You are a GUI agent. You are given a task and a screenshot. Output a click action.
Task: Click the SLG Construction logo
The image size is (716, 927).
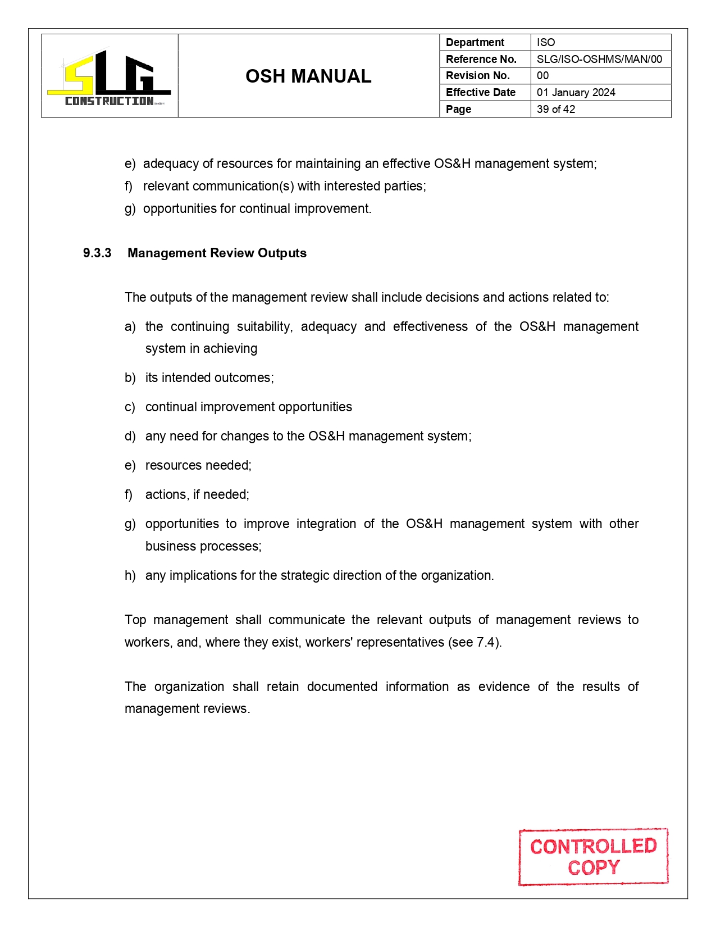coord(110,77)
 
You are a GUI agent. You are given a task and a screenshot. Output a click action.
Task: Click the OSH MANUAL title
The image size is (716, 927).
coord(308,76)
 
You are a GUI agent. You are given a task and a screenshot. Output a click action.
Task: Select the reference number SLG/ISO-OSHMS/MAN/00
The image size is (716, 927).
coord(599,59)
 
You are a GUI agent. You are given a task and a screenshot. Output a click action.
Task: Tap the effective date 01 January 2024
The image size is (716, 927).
coord(576,93)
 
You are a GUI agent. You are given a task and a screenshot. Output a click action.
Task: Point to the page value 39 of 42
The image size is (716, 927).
coord(555,110)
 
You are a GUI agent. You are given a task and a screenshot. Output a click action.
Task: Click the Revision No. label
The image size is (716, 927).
coord(477,76)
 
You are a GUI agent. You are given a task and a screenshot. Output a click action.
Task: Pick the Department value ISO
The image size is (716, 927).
coord(545,43)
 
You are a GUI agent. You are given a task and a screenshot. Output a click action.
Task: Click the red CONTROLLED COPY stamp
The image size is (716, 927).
coord(593,857)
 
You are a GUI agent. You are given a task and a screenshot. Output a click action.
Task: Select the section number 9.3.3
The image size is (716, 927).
coord(97,253)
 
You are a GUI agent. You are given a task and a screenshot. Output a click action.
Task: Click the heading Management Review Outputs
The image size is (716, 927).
coord(217,253)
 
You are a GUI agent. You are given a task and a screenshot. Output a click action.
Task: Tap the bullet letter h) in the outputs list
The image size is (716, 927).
coord(130,576)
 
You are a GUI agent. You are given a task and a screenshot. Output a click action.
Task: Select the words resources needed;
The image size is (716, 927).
coord(198,466)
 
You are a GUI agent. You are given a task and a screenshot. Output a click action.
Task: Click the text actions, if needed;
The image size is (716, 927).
coord(197,495)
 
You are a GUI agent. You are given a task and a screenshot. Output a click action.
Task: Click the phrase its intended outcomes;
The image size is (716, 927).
coord(209,378)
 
